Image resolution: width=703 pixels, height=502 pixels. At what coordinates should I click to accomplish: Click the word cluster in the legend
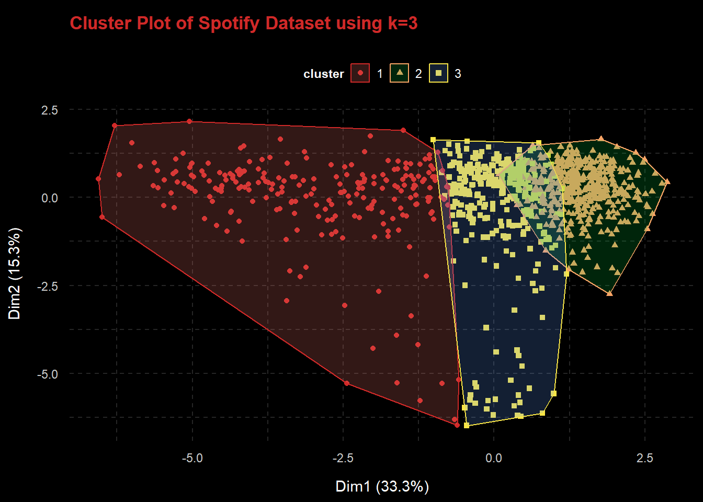click(323, 74)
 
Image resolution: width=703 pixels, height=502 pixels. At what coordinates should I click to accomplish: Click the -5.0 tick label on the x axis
click(192, 459)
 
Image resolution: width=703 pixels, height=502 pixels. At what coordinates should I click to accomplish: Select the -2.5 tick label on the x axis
click(343, 459)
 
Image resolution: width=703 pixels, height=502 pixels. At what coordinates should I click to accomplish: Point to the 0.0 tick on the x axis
click(493, 459)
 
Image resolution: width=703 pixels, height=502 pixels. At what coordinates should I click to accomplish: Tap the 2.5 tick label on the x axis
click(644, 459)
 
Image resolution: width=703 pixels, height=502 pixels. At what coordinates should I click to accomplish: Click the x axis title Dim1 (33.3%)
click(382, 486)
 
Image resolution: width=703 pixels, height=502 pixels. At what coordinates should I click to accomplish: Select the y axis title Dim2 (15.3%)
click(15, 273)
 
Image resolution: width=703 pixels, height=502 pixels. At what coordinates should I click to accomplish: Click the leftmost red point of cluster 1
click(98, 179)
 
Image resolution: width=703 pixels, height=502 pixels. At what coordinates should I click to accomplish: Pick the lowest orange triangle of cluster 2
click(609, 293)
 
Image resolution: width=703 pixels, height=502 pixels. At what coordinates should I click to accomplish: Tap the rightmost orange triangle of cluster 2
click(667, 181)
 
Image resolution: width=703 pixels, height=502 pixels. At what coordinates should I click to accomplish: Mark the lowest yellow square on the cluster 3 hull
click(467, 426)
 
